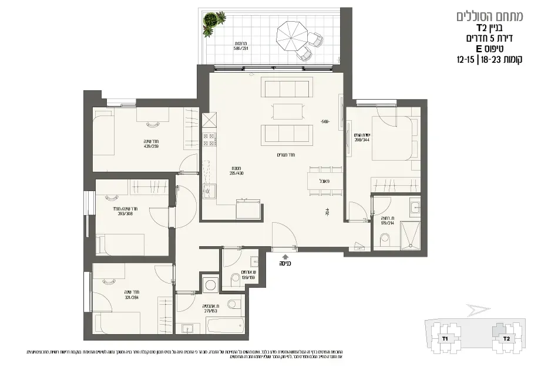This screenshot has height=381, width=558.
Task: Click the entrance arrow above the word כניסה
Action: tap(285, 256)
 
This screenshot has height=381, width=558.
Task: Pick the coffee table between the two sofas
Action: tap(288, 111)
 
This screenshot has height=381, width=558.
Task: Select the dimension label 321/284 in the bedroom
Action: tap(132, 296)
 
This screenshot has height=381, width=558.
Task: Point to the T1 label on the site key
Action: tap(445, 339)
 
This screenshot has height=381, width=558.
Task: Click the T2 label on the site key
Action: tap(505, 339)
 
